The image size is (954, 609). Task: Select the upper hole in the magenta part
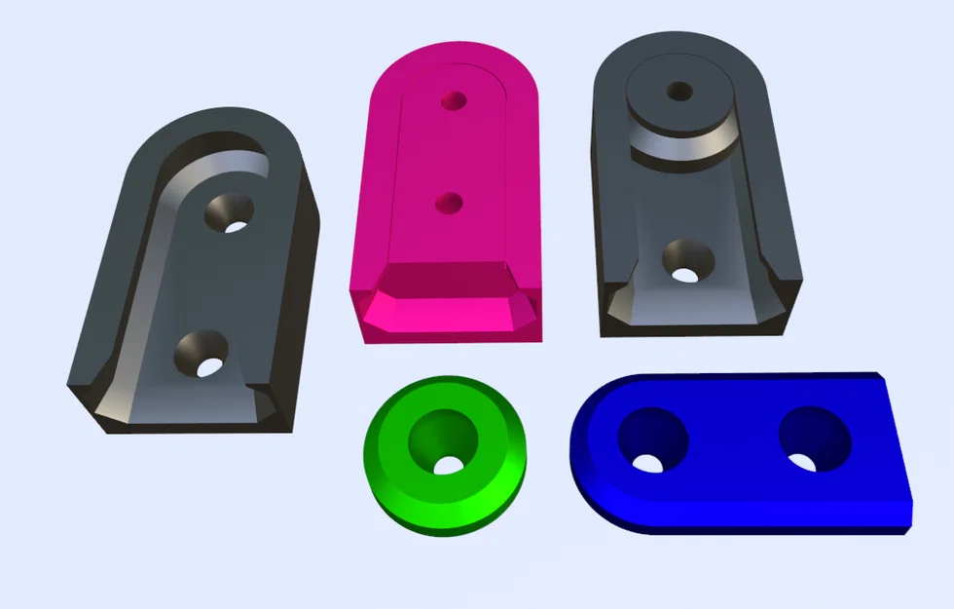point(453,100)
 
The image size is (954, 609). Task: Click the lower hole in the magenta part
point(449,203)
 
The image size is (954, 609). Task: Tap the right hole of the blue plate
point(814,438)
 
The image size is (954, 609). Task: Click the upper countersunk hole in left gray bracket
point(229,211)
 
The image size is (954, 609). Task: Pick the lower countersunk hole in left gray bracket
point(201,354)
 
